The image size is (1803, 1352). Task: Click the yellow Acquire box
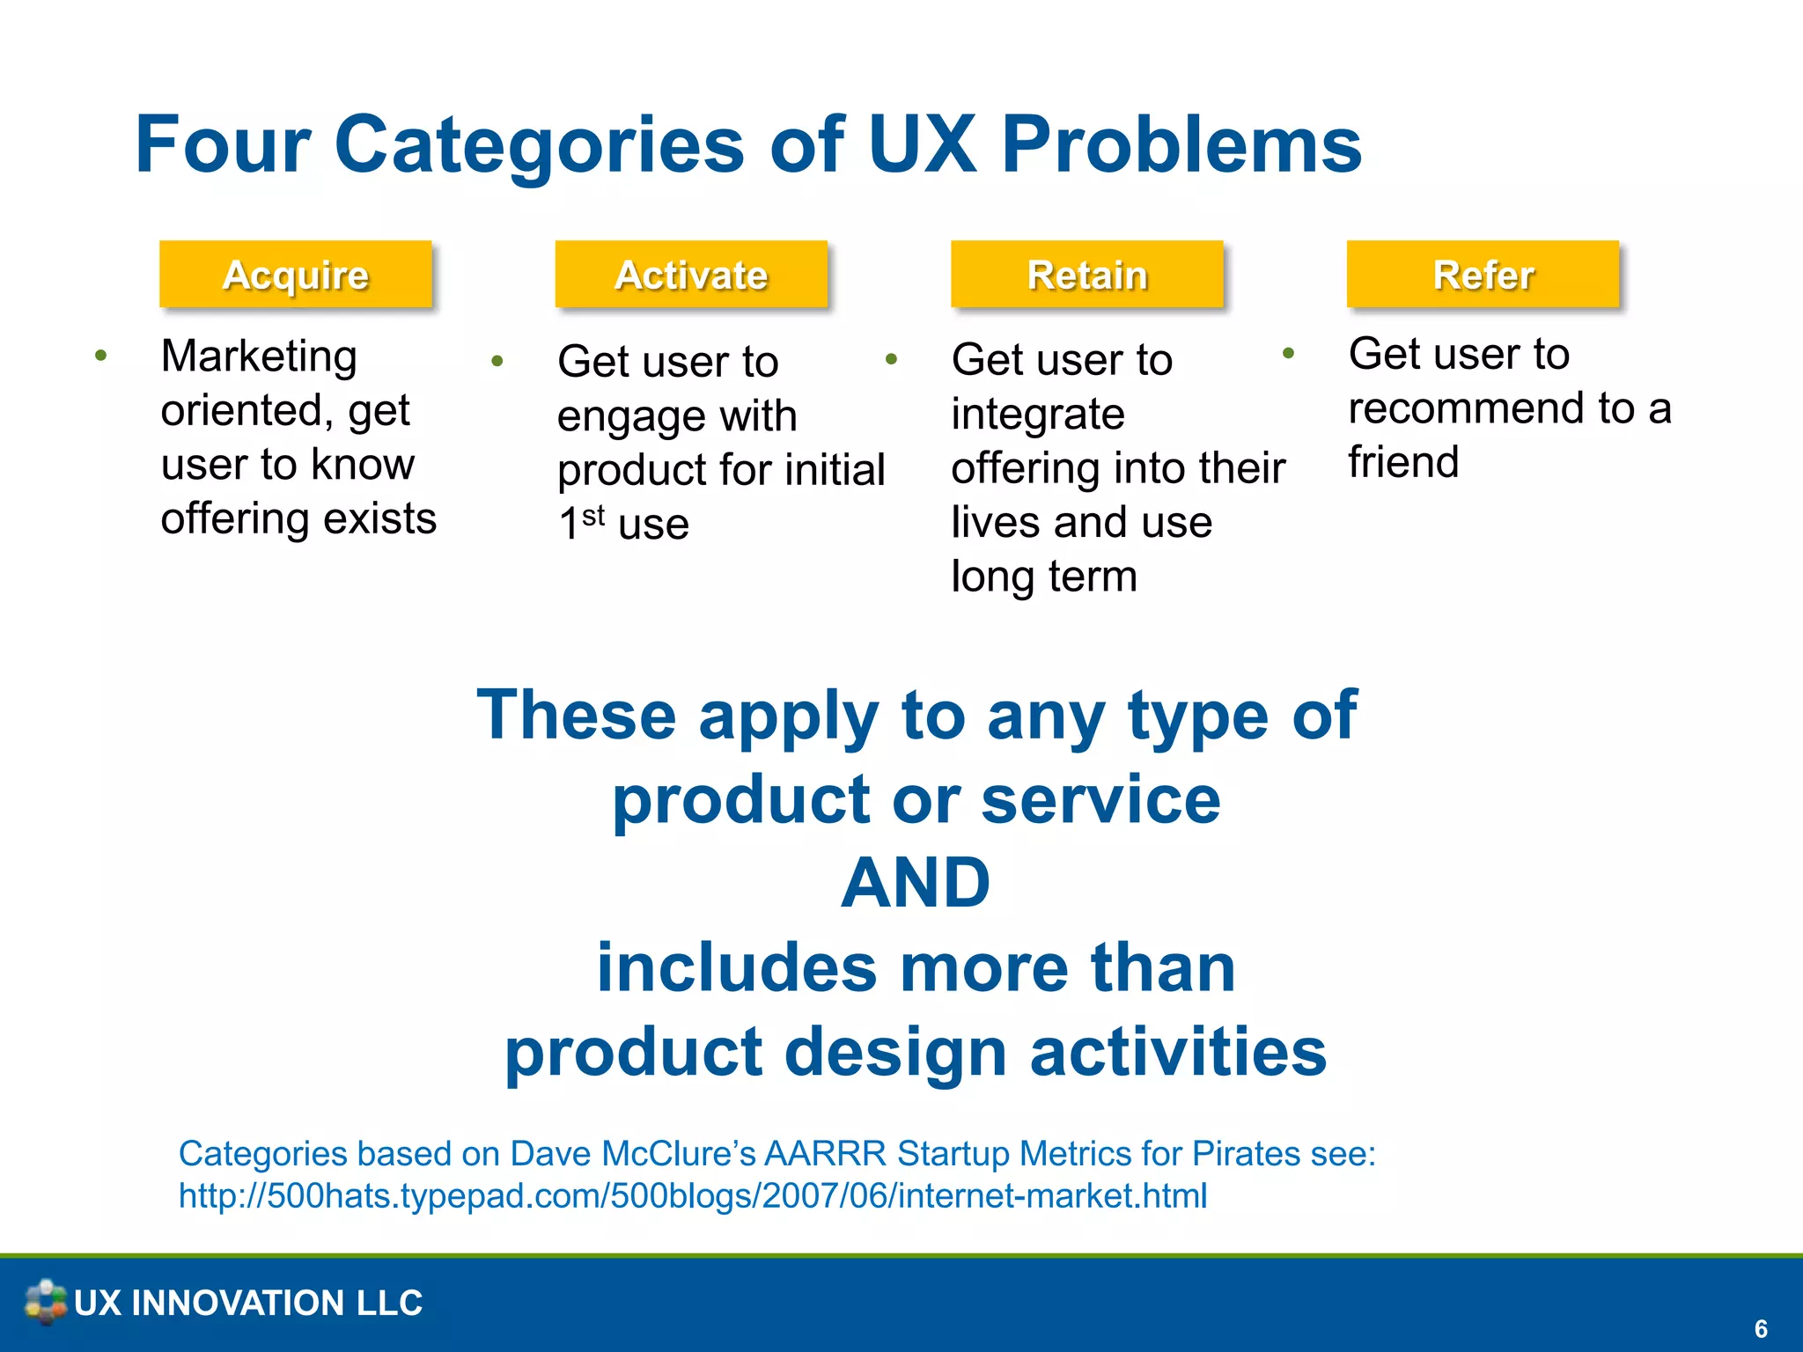tap(295, 275)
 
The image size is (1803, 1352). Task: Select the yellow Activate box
tap(691, 275)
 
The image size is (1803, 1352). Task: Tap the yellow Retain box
tap(1087, 275)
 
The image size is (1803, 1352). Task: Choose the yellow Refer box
tap(1483, 275)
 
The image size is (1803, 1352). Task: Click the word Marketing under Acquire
tap(259, 356)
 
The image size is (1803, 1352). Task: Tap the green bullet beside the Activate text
tap(497, 360)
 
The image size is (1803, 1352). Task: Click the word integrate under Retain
tap(1038, 414)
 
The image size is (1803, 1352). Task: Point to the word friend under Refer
tap(1403, 462)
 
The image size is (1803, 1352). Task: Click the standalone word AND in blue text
tap(916, 883)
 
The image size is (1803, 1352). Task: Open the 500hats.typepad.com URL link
tap(693, 1196)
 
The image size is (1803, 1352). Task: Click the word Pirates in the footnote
tap(1247, 1154)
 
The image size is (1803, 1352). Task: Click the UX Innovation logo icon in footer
tap(45, 1302)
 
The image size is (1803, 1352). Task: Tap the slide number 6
tap(1761, 1328)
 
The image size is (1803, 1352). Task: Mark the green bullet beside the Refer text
tap(1288, 354)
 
